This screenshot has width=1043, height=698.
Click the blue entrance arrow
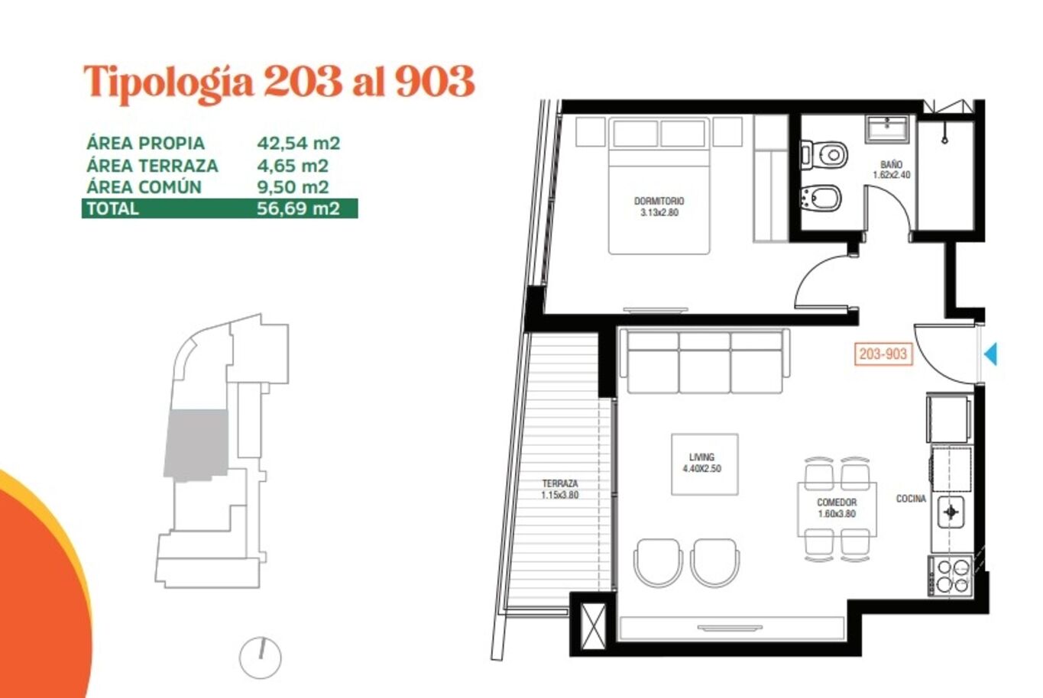(991, 354)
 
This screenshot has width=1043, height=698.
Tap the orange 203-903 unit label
(883, 354)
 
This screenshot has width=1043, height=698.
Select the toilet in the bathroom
(824, 155)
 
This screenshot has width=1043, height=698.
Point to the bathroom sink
(887, 128)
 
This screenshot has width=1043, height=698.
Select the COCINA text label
(911, 499)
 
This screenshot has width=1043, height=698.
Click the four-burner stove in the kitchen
(951, 576)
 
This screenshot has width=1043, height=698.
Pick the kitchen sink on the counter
(951, 512)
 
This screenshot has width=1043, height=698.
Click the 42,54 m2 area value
(299, 144)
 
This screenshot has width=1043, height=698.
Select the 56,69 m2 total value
(299, 208)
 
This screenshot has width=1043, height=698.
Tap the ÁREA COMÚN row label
(144, 187)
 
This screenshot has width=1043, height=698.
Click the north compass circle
(261, 658)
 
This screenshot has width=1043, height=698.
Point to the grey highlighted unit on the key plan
(196, 444)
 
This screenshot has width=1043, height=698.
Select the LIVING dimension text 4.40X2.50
(701, 469)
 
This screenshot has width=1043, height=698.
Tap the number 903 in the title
(435, 82)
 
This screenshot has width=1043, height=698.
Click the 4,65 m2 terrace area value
(293, 166)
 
